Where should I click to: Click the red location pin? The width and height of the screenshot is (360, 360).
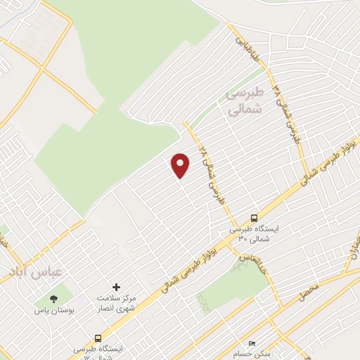181,165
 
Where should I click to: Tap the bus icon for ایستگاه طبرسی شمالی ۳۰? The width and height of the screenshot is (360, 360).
254,219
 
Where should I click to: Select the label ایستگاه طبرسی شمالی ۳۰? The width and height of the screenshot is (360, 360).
254,233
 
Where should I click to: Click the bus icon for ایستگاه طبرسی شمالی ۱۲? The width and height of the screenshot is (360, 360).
98,337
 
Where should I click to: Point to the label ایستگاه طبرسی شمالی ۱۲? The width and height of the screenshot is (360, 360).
98,352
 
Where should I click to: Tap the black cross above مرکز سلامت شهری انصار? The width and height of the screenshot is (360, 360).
117,287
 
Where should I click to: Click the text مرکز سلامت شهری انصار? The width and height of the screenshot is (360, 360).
117,303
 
